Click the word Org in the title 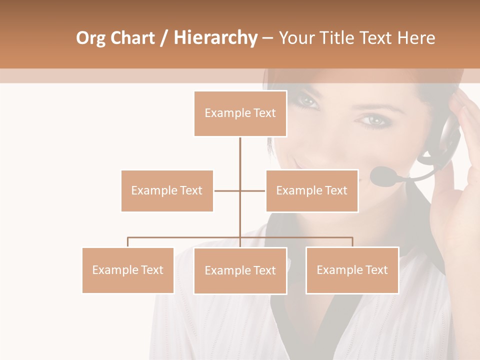(x=91, y=38)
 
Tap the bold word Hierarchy (x=215, y=38)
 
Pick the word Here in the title (x=416, y=38)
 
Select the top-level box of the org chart (x=240, y=113)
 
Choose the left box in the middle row (x=167, y=190)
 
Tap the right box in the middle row (x=311, y=190)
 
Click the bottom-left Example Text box (x=128, y=270)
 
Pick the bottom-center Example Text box (x=240, y=270)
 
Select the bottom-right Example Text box (x=352, y=270)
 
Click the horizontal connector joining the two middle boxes (x=227, y=190)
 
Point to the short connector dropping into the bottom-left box (x=128, y=242)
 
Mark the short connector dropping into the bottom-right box (x=352, y=242)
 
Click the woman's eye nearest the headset (x=372, y=120)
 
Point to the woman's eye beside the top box (x=306, y=101)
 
